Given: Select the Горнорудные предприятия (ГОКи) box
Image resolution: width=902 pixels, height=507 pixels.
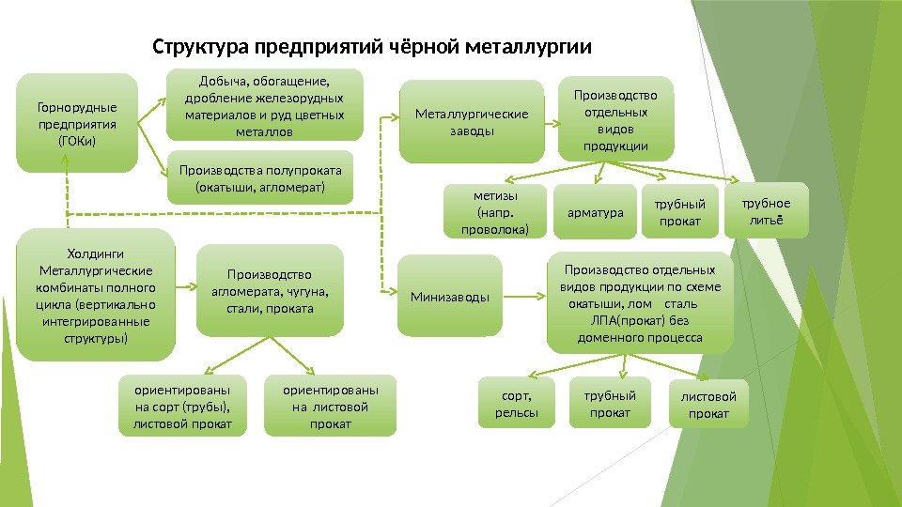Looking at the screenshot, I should click(77, 123).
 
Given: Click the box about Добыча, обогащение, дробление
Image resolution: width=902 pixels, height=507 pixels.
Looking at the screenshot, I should click(264, 103).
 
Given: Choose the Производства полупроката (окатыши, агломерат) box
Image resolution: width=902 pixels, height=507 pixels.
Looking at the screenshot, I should click(260, 177).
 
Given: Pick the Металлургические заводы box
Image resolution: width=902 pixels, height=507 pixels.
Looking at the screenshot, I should click(472, 122).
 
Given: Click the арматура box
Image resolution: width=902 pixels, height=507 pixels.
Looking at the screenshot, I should click(596, 212).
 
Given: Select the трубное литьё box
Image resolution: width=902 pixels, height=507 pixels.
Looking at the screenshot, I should click(767, 210).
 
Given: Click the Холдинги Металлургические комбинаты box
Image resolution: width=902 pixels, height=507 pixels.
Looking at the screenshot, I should click(97, 295).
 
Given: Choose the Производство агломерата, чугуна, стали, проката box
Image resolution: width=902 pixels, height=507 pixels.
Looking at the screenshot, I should click(269, 290).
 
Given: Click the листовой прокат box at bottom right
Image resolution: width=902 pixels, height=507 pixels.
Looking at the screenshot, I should click(708, 405).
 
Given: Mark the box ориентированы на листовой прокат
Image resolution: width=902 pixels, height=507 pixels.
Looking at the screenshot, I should click(330, 407).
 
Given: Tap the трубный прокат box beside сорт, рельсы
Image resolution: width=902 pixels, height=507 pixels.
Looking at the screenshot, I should click(610, 404).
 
